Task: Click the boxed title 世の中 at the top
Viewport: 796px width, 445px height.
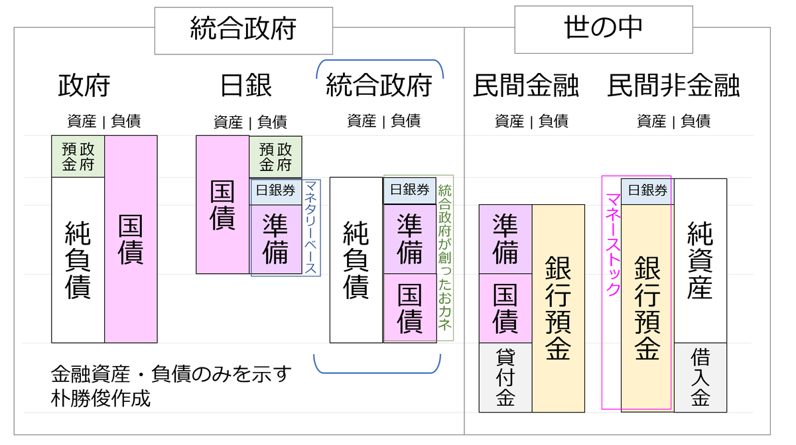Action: point(603,29)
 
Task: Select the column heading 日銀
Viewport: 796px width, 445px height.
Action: point(245,86)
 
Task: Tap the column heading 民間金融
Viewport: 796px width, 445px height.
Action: point(525,86)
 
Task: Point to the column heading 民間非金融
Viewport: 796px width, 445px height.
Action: point(673,86)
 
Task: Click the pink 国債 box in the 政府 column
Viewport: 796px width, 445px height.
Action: point(131,239)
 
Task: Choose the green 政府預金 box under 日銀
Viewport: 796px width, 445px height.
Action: point(275,157)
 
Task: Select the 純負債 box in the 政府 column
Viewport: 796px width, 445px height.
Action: point(78,260)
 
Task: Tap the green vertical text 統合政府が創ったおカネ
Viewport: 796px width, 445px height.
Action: point(444,258)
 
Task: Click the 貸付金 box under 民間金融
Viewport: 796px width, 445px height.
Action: point(505,377)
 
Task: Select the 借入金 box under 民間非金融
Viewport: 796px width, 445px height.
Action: point(700,377)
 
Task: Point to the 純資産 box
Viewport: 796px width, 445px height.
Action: point(700,260)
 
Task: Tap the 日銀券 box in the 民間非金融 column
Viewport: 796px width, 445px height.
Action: point(647,190)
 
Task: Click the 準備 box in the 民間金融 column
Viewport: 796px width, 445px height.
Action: point(505,239)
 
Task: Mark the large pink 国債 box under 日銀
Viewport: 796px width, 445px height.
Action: point(222,205)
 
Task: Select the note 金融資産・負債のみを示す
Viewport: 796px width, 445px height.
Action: point(171,375)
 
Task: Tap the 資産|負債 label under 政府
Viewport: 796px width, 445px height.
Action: point(104,121)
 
